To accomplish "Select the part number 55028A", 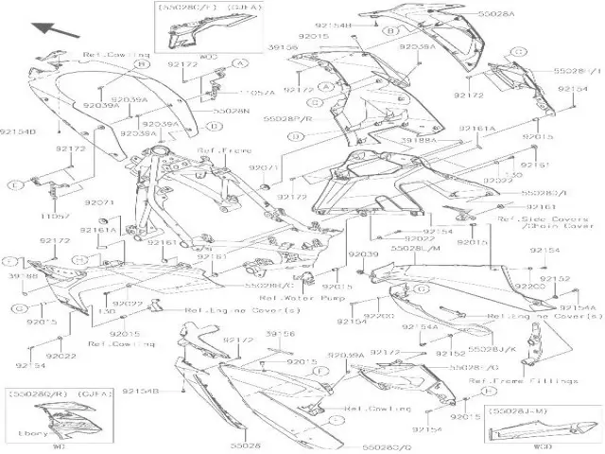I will tap(496, 15).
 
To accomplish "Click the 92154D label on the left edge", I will tap(17, 132).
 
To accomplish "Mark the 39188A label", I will tap(418, 140).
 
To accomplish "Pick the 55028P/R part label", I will tap(286, 119).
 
